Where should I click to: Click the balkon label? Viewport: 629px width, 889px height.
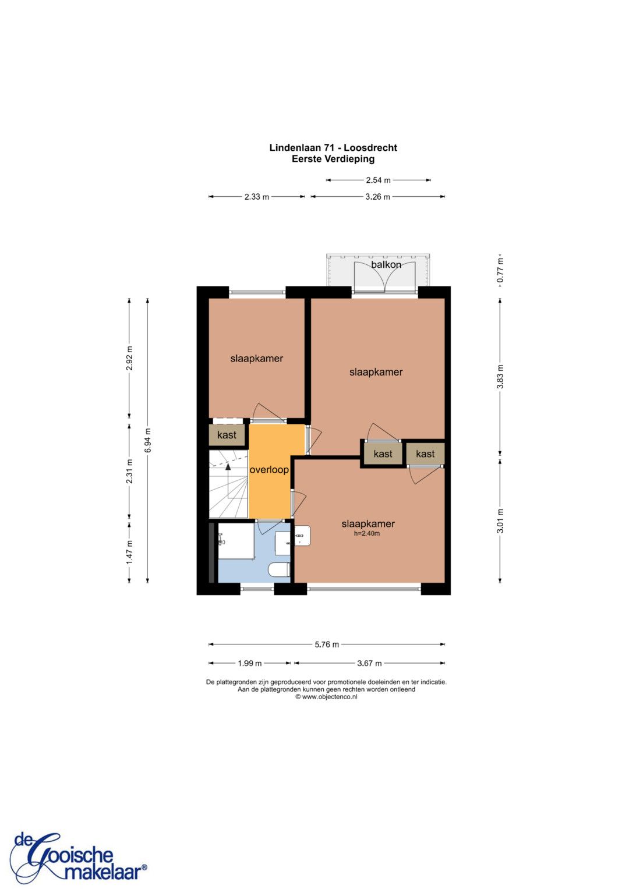pos(386,264)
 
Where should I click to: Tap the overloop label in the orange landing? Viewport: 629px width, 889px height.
pos(269,470)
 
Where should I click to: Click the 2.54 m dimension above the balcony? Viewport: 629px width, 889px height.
pos(378,180)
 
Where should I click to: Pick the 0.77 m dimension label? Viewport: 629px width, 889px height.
pos(500,271)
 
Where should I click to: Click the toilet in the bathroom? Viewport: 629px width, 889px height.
pos(280,571)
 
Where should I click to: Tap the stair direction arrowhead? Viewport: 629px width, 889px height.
pos(228,467)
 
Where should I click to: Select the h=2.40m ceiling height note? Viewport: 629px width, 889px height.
pos(366,533)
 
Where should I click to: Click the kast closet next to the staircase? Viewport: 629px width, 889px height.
pos(227,435)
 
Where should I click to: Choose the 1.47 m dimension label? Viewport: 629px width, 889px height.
pos(129,552)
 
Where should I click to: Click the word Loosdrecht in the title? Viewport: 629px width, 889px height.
pos(370,148)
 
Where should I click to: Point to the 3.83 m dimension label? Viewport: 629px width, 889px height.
pos(500,377)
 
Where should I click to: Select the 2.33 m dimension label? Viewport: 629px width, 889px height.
pos(256,197)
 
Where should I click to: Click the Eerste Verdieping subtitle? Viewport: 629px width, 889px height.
pos(333,159)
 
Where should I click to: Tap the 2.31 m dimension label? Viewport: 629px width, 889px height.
pos(129,471)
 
